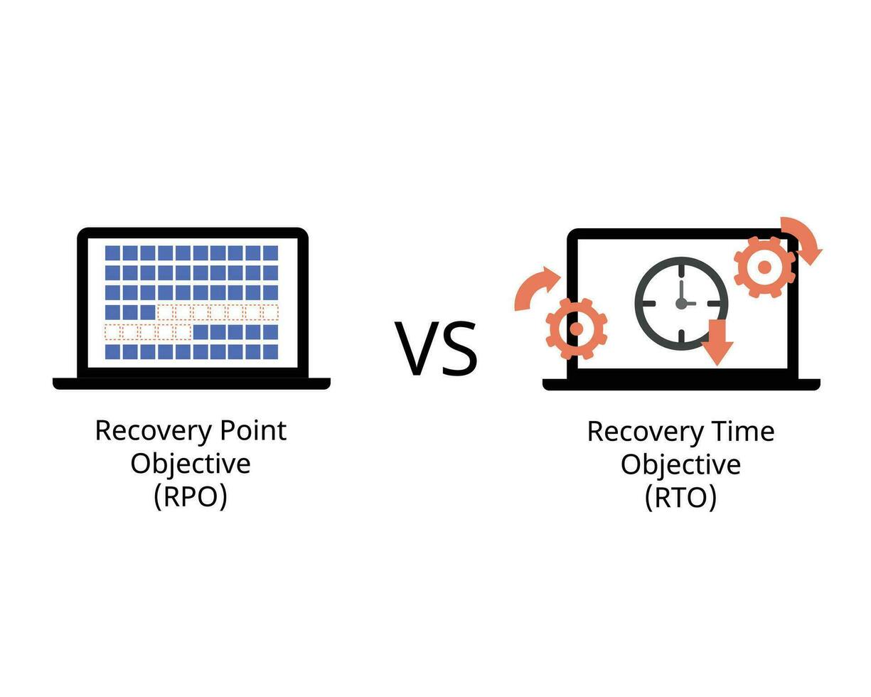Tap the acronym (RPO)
tap(191, 496)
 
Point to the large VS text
tap(436, 348)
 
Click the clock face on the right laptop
tap(681, 303)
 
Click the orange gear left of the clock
tap(577, 328)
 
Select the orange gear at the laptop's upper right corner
tap(764, 267)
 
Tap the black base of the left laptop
tap(191, 383)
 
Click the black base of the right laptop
tap(680, 384)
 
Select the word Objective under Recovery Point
tap(191, 464)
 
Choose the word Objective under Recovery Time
tap(680, 464)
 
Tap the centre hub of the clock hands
tap(681, 303)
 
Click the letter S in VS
tap(459, 348)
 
